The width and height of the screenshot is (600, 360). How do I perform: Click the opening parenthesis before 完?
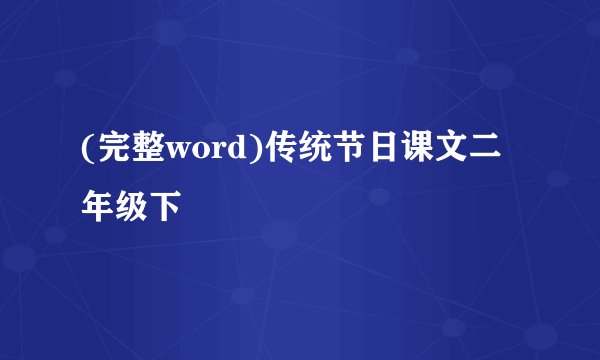pyautogui.click(x=88, y=151)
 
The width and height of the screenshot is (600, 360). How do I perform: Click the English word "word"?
pyautogui.click(x=208, y=151)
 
